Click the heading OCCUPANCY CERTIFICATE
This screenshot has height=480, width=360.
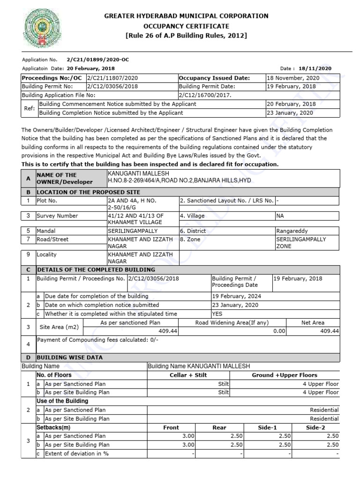coord(186,26)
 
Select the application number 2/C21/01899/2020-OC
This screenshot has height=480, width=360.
coord(98,60)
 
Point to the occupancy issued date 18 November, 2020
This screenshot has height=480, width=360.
coord(292,78)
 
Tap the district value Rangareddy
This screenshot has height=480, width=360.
coord(292,231)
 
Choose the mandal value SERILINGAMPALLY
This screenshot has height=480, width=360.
coord(133,231)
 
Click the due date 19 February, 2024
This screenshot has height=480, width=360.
coord(237,296)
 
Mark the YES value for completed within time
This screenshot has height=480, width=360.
coord(217,314)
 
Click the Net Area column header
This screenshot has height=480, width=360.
coord(313,322)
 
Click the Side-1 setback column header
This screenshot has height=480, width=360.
coord(268,427)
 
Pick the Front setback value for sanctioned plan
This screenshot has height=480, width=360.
coord(188,436)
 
